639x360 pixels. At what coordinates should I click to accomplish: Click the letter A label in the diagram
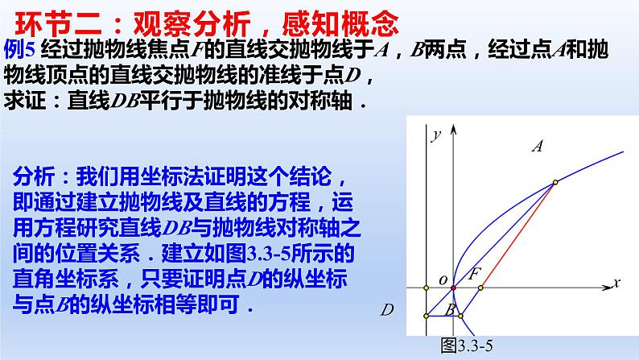[x=539, y=146]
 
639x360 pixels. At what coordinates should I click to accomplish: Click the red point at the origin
[x=453, y=288]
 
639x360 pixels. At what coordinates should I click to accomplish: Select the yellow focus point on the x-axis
[x=480, y=288]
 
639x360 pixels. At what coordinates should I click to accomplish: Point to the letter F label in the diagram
[x=475, y=272]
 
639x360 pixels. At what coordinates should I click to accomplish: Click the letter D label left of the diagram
[x=386, y=309]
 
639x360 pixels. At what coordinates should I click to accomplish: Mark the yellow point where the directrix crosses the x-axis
[x=427, y=288]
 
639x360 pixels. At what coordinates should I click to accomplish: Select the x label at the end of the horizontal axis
[x=616, y=282]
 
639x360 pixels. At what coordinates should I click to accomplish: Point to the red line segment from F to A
[x=517, y=235]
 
